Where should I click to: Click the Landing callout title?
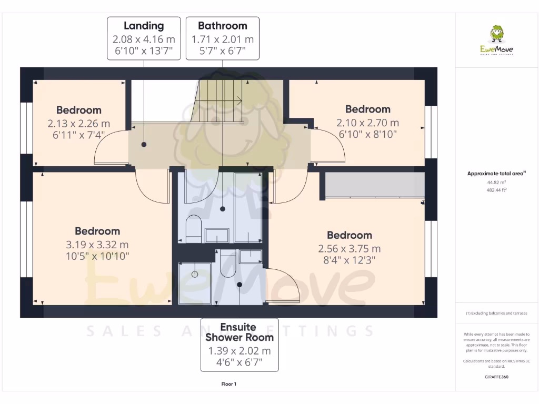[144, 26]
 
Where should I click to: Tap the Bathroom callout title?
[222, 26]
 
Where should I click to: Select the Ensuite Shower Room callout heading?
[239, 332]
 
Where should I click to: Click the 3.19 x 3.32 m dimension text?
[97, 245]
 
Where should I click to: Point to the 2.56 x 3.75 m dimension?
[349, 249]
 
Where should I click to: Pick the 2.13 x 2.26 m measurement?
[79, 124]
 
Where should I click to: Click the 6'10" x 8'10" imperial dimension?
[367, 134]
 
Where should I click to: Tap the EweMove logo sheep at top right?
[496, 35]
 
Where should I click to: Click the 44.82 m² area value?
[496, 182]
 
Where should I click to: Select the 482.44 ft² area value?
[496, 189]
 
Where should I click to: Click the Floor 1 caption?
[229, 385]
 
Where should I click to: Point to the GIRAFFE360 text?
[496, 377]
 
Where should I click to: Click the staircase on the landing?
[220, 100]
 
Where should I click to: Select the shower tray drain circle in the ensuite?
[195, 274]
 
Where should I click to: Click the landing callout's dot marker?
[143, 144]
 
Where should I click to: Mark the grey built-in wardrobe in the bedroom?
[373, 185]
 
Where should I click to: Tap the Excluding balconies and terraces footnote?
[496, 313]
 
